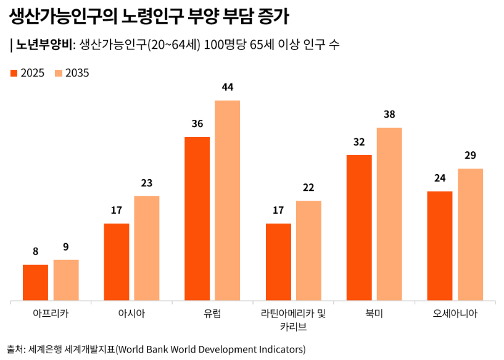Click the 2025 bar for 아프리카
coord(35,283)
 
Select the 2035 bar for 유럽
coord(227,201)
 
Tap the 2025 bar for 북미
coord(359,228)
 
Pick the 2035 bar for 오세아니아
coord(470,235)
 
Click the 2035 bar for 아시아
coord(147,248)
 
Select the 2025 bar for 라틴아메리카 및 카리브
coord(278,262)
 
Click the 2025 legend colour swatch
coord(14,73)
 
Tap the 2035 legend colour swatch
coord(59,73)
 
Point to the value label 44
coord(227,87)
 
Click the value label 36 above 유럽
coord(197,123)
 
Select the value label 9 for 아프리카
coord(65,247)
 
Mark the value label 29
coord(470,155)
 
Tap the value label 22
coord(308,188)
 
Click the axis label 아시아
coord(131,313)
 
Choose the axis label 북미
coord(374,313)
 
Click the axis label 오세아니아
coord(455,313)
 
